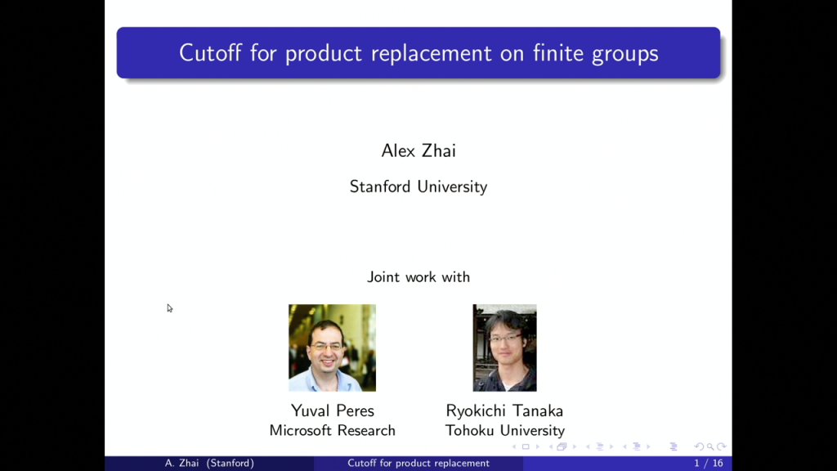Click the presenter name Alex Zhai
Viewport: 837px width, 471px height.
(418, 150)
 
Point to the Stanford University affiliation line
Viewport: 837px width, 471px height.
(418, 186)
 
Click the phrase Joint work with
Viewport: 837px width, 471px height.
(418, 276)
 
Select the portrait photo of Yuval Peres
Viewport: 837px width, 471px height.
(332, 348)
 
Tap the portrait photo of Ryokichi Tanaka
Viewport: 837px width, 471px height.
(504, 348)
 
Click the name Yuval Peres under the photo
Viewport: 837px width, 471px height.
(332, 410)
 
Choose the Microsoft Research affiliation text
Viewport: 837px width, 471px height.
(332, 430)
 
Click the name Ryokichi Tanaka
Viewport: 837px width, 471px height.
(504, 410)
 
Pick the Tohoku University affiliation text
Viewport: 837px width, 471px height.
(504, 430)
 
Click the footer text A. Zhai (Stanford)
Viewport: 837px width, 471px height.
(209, 464)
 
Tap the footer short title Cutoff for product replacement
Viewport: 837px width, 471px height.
(418, 464)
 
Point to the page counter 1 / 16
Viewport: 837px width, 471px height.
(708, 464)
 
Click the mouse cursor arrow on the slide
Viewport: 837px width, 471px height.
(169, 307)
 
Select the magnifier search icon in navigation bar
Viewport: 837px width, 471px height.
(711, 446)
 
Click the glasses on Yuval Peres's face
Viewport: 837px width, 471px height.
(327, 346)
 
